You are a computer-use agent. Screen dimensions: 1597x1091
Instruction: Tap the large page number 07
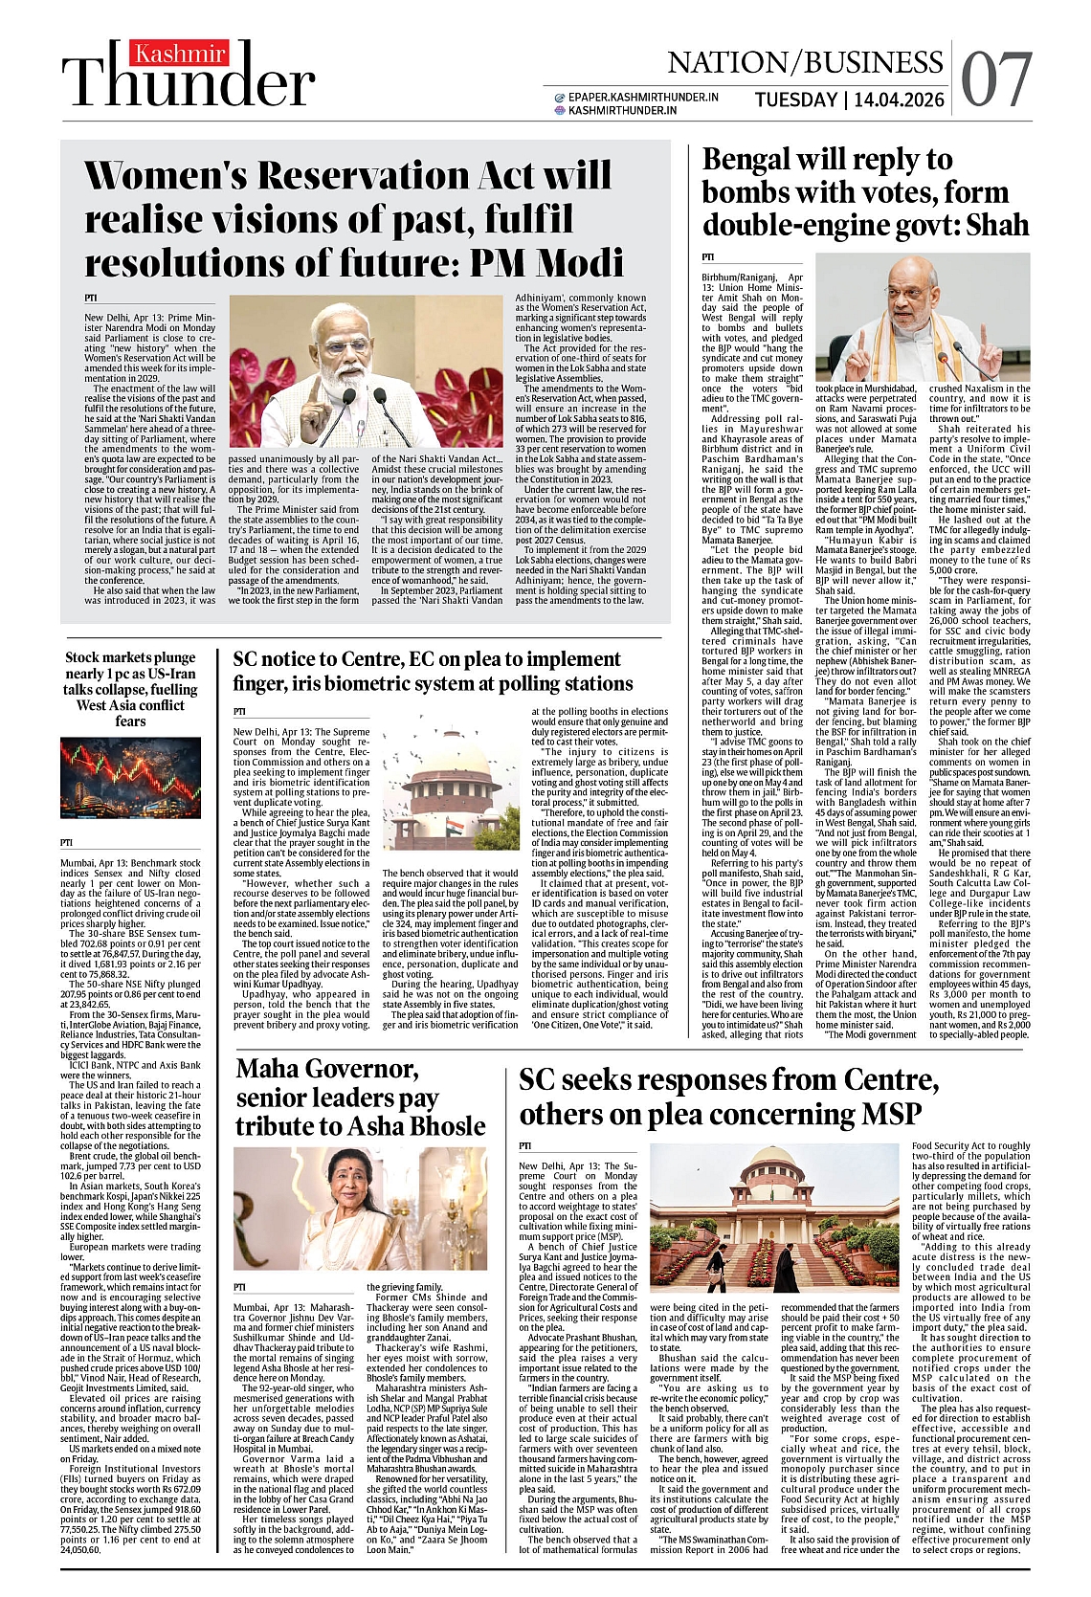point(996,80)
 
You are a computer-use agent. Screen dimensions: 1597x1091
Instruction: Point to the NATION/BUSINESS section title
point(805,62)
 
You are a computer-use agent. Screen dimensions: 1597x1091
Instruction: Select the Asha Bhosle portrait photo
point(353,1208)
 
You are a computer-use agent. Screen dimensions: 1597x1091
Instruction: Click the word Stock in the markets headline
point(84,657)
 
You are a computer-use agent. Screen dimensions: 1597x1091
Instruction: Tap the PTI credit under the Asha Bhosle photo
point(239,1286)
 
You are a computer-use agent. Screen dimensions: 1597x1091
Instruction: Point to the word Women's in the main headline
point(163,176)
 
